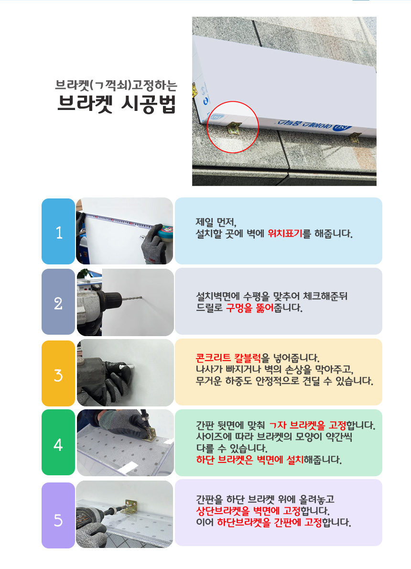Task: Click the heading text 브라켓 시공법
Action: [117, 104]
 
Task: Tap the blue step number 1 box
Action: [58, 231]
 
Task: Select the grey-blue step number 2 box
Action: [58, 302]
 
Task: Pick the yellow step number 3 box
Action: [58, 373]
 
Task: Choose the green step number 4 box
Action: [58, 442]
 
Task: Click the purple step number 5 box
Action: [58, 515]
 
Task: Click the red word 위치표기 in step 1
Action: [285, 233]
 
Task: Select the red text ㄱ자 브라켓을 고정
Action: [308, 425]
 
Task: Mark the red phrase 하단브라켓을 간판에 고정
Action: [270, 523]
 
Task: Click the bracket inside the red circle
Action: [234, 127]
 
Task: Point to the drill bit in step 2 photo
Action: [132, 298]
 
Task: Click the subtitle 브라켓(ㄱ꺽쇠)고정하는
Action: [116, 85]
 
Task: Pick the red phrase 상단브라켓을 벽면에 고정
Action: [248, 511]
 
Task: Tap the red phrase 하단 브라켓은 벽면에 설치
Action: [250, 460]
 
